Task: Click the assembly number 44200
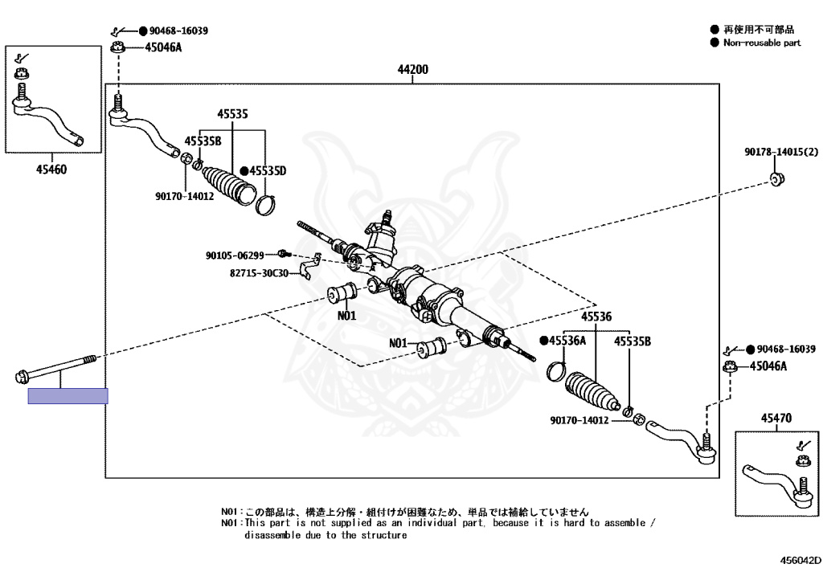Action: pyautogui.click(x=412, y=69)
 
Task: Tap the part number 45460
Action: pyautogui.click(x=51, y=170)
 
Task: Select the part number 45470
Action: pyautogui.click(x=776, y=418)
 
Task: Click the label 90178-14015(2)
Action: pyautogui.click(x=781, y=152)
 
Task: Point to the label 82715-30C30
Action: pyautogui.click(x=260, y=273)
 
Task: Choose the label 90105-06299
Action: pyautogui.click(x=235, y=255)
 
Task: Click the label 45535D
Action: pyautogui.click(x=268, y=171)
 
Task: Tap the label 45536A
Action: pyautogui.click(x=567, y=341)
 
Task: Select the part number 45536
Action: pyautogui.click(x=596, y=317)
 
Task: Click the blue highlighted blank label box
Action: pyautogui.click(x=68, y=396)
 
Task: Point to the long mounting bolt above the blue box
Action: pyautogui.click(x=55, y=368)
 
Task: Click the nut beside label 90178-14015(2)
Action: pyautogui.click(x=776, y=178)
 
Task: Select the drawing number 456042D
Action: pyautogui.click(x=800, y=560)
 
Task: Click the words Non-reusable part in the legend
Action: pyautogui.click(x=762, y=43)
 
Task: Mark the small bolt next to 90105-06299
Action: pyautogui.click(x=284, y=254)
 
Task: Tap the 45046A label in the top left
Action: pyautogui.click(x=163, y=47)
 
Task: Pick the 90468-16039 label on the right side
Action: pyautogui.click(x=786, y=349)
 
